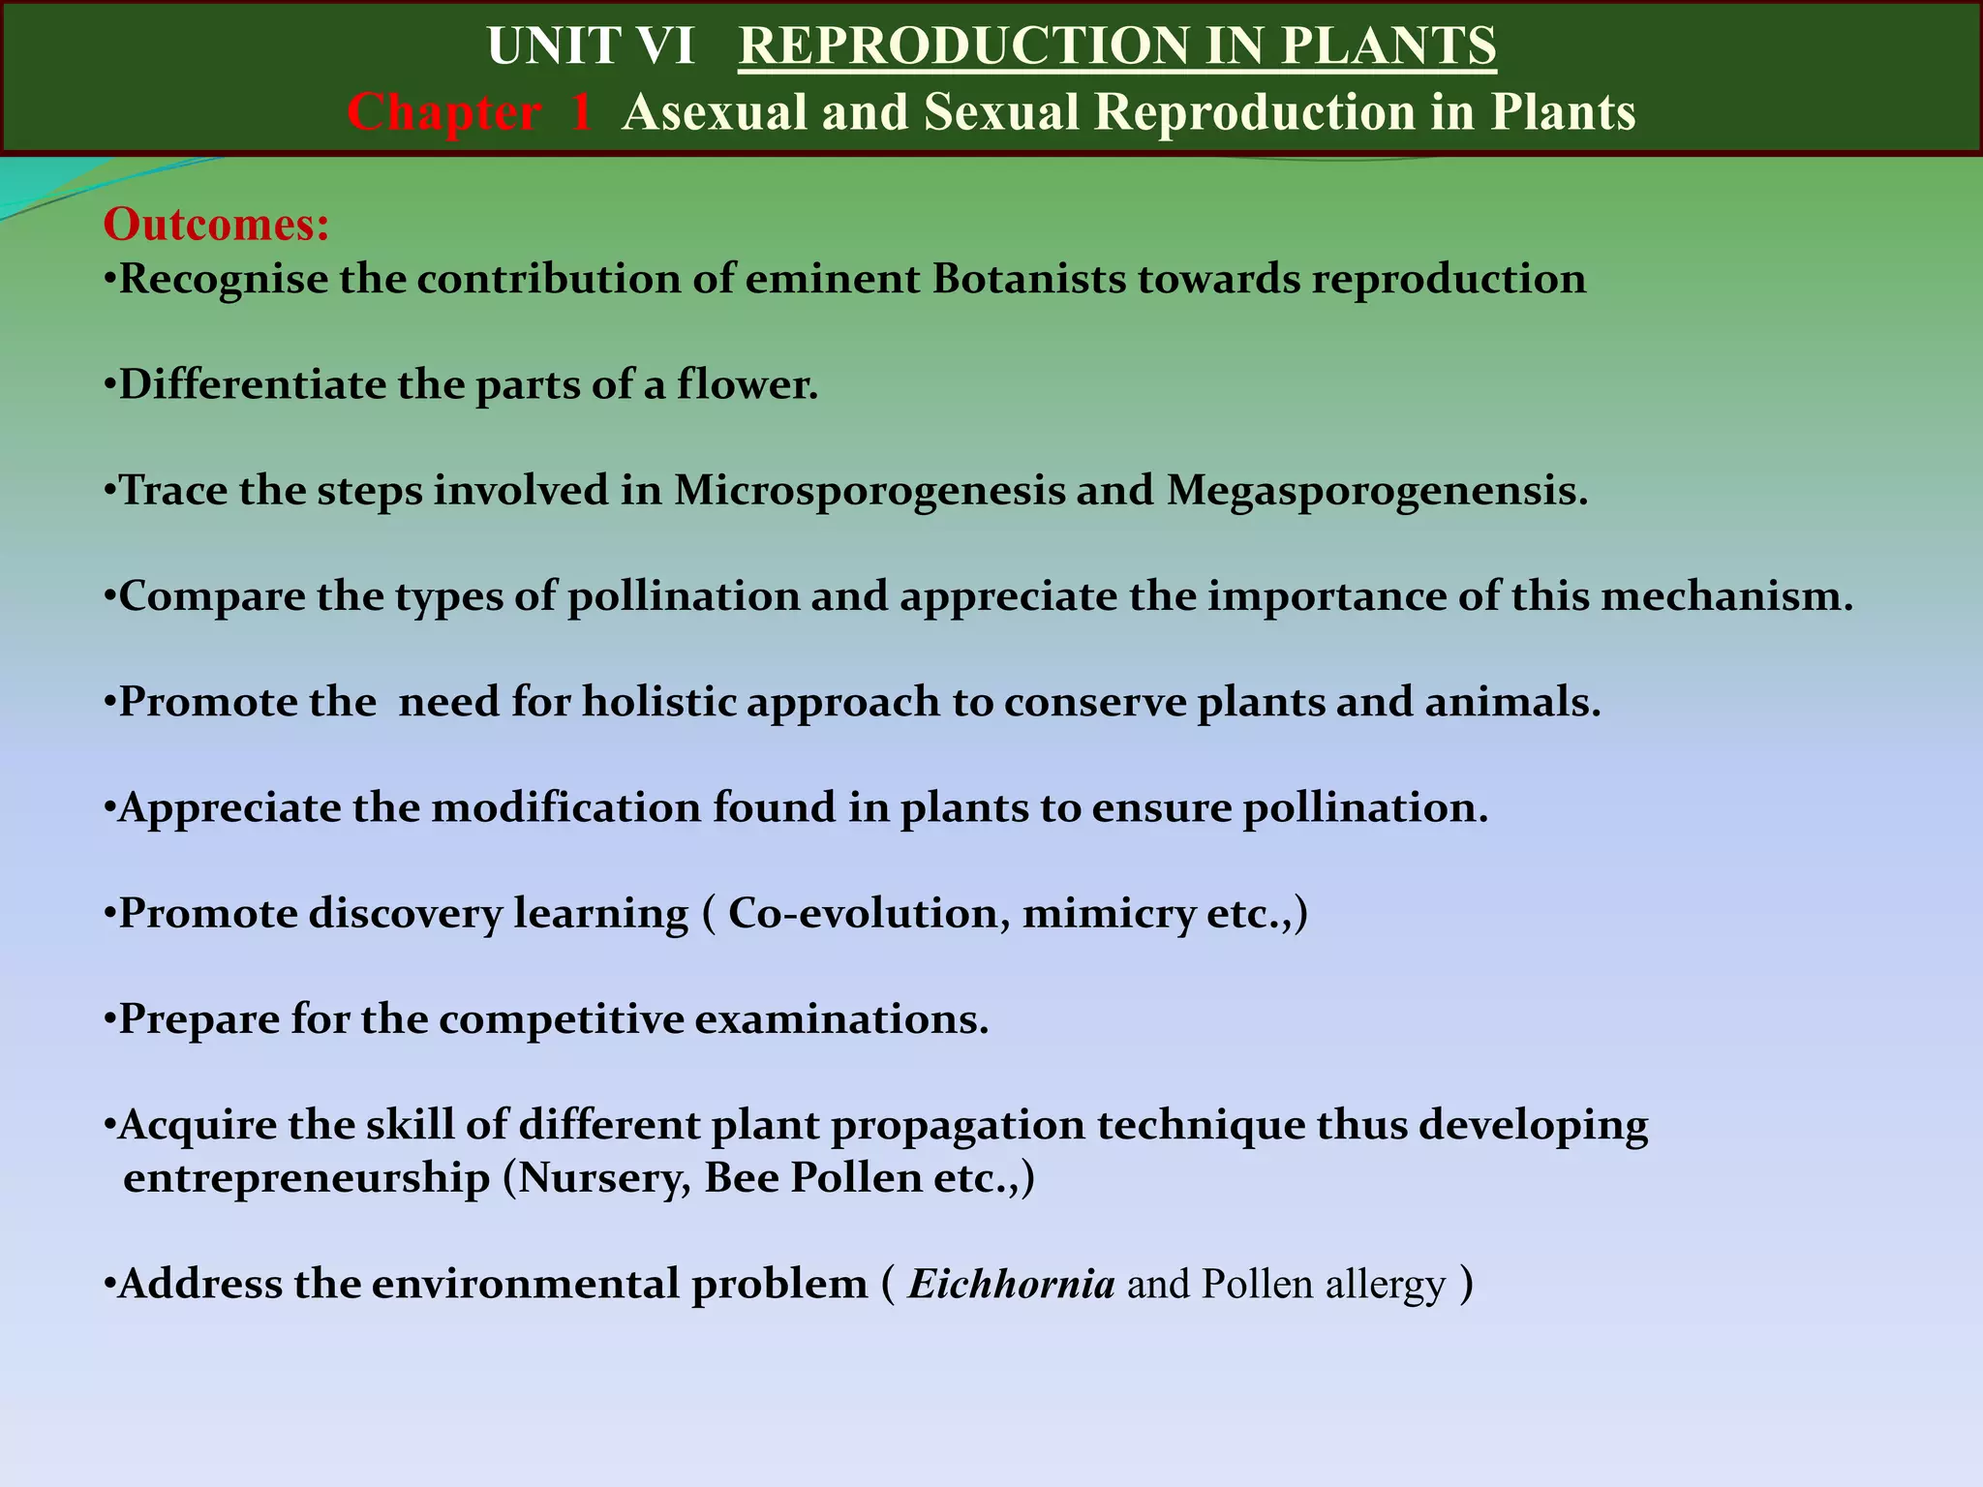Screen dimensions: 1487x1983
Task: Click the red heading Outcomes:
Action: (216, 225)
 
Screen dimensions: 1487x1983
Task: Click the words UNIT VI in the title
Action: (591, 46)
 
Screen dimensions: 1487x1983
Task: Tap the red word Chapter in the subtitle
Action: (443, 112)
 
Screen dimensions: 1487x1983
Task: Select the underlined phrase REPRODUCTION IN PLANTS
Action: (1116, 46)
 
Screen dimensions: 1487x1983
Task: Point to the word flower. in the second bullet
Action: (747, 385)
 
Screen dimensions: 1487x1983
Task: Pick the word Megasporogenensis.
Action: (1376, 491)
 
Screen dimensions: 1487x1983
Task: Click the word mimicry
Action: (1108, 914)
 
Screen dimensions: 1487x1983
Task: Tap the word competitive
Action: (561, 1019)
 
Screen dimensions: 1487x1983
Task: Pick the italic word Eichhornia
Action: (1010, 1285)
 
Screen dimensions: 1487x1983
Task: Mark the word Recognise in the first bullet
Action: (223, 280)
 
